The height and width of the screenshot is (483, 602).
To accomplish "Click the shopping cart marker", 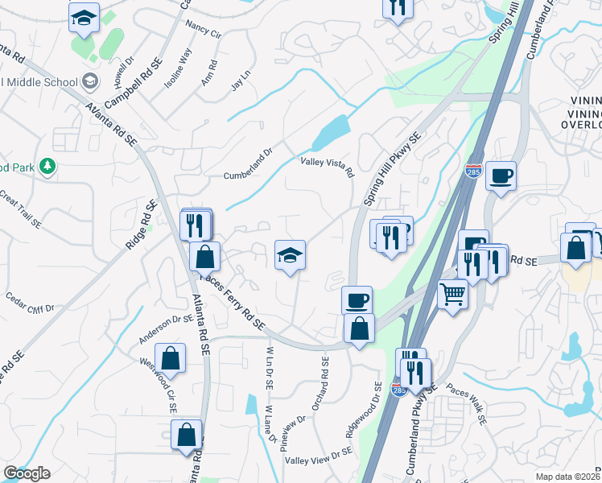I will point(453,295).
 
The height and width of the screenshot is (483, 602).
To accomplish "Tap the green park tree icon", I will point(48,165).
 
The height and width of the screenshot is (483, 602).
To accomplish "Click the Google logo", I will point(27,473).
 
